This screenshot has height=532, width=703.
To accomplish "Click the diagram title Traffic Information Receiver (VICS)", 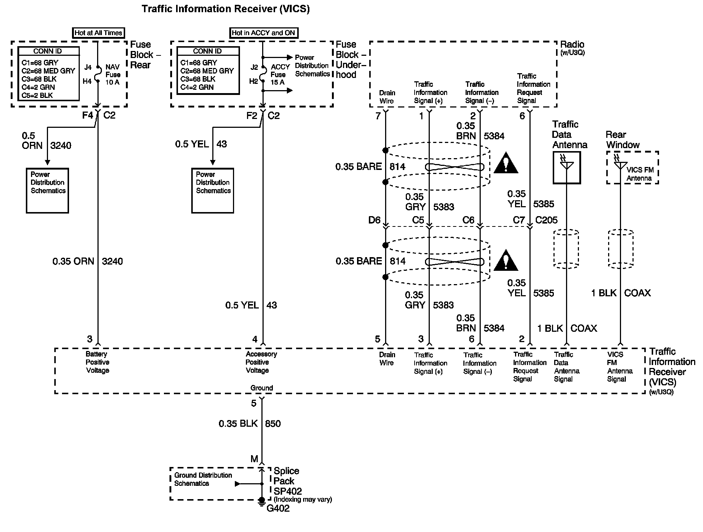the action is coord(226,9).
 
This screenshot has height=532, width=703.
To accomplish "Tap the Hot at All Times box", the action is coord(98,33).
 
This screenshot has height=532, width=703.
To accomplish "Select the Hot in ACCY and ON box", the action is coord(264,33).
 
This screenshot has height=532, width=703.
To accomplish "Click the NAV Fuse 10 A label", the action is coord(113,75).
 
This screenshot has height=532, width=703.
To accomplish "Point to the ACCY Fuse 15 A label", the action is coord(280,75).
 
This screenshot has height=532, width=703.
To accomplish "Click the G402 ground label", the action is coord(278,509).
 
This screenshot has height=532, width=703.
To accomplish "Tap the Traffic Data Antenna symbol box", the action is coord(566,167).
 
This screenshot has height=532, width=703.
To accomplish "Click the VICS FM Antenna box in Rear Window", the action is coord(632,167).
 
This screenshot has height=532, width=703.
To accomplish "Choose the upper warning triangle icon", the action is coord(506,164).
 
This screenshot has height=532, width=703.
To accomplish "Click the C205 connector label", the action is coord(546,220).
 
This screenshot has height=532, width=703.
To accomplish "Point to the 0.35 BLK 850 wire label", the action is coord(250,423).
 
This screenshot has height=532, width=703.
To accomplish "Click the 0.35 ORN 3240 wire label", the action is coord(88,261).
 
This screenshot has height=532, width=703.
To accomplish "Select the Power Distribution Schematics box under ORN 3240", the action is coord(47,191).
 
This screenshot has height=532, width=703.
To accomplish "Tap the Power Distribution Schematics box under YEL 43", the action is coord(213,191).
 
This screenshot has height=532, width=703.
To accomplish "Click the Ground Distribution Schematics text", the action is coord(203,479).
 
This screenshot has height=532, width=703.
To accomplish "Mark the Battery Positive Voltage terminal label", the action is coord(97,362).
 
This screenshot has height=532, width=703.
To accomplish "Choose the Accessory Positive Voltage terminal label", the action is coord(261,362).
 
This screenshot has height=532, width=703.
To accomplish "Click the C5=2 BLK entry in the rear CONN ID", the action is coord(37,95).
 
